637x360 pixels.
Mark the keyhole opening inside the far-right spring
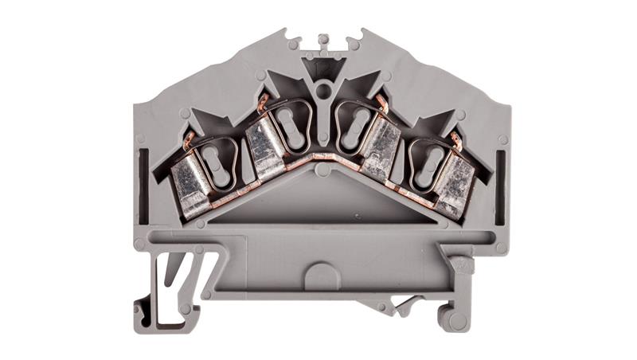[x=428, y=160]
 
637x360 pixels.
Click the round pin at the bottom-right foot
[x=451, y=320]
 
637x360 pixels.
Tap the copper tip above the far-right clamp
[x=455, y=139]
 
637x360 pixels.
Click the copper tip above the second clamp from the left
[x=262, y=100]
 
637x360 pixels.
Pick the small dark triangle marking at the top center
[x=322, y=68]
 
